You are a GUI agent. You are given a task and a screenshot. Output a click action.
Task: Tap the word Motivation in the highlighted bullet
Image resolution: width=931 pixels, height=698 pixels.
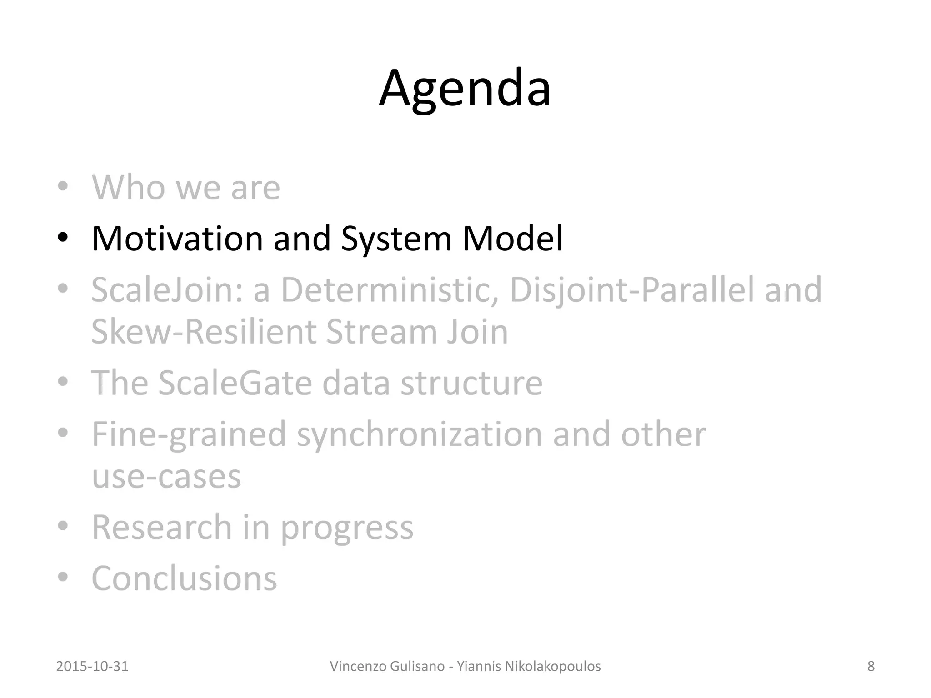(x=177, y=238)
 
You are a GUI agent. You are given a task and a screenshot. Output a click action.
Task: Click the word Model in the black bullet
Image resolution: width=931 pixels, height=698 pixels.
(x=512, y=238)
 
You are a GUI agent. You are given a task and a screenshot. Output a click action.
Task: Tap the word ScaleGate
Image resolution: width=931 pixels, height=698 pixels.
(x=235, y=383)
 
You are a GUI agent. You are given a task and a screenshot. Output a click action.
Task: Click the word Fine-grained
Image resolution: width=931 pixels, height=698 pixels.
(x=189, y=434)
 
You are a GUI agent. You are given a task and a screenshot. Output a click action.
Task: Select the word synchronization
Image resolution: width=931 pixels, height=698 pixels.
(x=419, y=434)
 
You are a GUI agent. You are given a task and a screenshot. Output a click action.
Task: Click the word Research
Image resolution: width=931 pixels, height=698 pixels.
(x=162, y=527)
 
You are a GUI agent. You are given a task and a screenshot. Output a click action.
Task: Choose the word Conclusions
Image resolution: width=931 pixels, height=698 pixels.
(x=184, y=578)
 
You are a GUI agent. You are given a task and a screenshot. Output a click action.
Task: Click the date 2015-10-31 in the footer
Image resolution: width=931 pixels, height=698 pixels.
(x=92, y=666)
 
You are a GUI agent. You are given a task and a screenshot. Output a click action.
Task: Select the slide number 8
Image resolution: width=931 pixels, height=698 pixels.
(x=871, y=666)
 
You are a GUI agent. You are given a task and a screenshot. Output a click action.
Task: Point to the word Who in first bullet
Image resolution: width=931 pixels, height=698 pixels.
(x=128, y=187)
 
